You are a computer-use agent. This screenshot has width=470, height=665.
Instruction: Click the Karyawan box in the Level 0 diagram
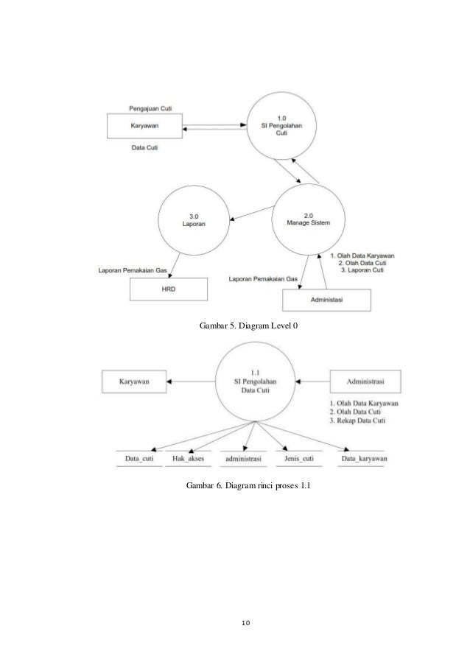pyautogui.click(x=144, y=126)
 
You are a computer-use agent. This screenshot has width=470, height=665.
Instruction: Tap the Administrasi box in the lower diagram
pyautogui.click(x=365, y=381)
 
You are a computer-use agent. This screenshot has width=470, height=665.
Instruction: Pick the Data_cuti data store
pyautogui.click(x=138, y=459)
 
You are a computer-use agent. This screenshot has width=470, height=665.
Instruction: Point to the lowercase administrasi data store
pyautogui.click(x=243, y=459)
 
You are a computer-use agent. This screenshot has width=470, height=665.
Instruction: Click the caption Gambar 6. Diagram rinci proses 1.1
pyautogui.click(x=249, y=487)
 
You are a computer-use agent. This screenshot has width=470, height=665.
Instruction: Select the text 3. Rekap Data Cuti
pyautogui.click(x=361, y=421)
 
